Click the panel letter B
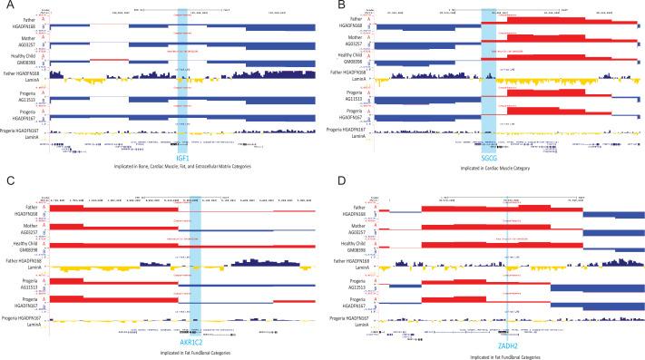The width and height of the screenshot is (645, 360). tap(332, 5)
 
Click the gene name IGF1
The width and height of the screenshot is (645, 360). tap(182, 158)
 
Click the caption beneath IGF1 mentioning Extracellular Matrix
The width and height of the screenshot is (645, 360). tap(182, 168)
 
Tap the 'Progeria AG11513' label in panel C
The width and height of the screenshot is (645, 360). tap(24, 280)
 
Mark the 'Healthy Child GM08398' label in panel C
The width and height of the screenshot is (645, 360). tap(24, 245)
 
